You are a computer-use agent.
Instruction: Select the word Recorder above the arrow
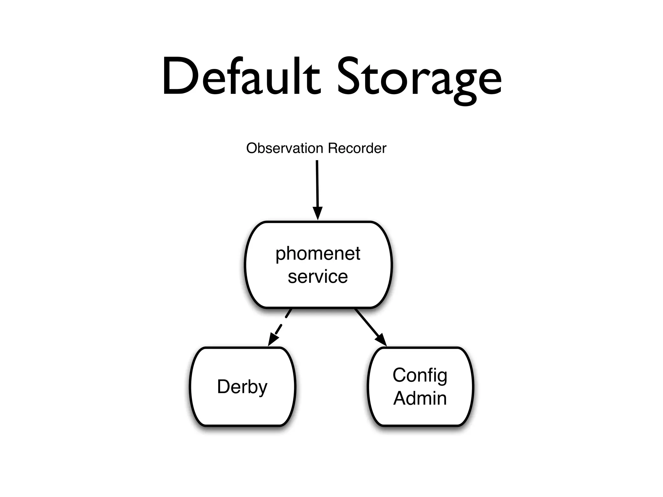pyautogui.click(x=357, y=149)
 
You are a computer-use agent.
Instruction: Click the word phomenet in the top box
pyautogui.click(x=318, y=254)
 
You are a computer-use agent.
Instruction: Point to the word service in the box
pyautogui.click(x=318, y=277)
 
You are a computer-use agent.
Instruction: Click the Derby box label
pyautogui.click(x=242, y=387)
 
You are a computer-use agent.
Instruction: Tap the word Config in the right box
pyautogui.click(x=420, y=376)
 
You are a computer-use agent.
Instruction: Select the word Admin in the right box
pyautogui.click(x=420, y=398)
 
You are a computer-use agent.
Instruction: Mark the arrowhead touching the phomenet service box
pyautogui.click(x=318, y=214)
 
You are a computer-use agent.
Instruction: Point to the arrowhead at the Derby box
pyautogui.click(x=273, y=340)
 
